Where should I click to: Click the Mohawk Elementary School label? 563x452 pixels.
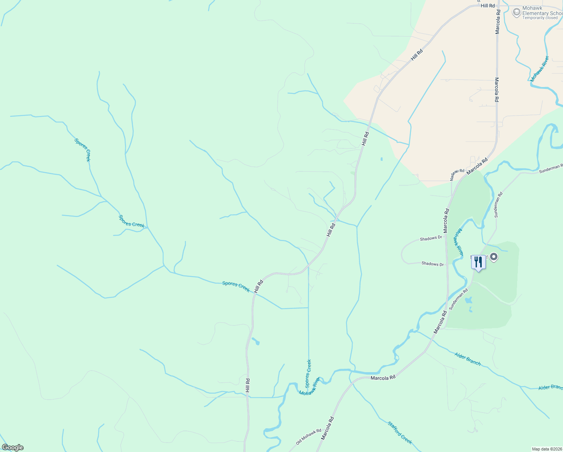(542, 11)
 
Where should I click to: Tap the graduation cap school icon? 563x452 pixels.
(517, 12)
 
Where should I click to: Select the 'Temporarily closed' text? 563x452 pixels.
(540, 18)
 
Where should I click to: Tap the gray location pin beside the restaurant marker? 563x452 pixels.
(494, 257)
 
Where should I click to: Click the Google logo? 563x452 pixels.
(13, 447)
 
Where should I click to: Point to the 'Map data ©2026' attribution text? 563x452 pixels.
(546, 449)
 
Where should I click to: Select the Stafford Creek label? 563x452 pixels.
(400, 433)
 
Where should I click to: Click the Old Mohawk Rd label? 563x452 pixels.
(308, 437)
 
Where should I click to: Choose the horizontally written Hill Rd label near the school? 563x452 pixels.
(488, 6)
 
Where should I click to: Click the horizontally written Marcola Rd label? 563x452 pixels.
(383, 378)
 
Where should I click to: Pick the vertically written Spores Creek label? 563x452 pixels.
(308, 373)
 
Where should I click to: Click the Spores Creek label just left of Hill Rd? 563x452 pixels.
(236, 286)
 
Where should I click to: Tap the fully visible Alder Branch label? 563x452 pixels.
(467, 359)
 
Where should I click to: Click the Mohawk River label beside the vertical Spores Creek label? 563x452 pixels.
(309, 386)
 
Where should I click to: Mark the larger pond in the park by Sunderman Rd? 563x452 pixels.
(469, 301)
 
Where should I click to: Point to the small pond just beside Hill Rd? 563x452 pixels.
(256, 341)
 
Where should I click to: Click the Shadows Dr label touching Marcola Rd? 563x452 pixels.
(431, 238)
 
